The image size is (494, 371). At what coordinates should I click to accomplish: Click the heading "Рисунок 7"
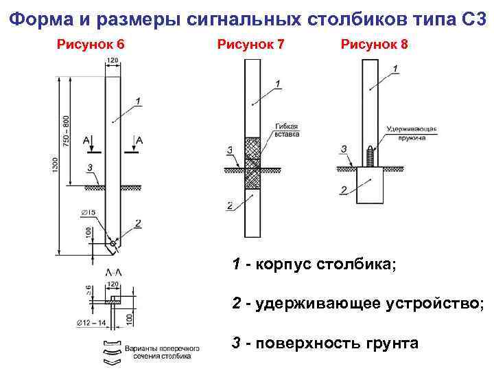(x=250, y=45)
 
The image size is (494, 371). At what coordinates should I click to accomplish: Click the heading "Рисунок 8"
(x=374, y=45)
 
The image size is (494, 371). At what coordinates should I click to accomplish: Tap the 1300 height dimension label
(x=56, y=165)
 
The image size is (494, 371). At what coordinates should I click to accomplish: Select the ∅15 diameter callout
(x=89, y=211)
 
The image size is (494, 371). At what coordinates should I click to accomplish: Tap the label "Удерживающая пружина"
(x=412, y=133)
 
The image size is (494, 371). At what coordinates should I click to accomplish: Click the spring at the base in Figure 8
(x=370, y=157)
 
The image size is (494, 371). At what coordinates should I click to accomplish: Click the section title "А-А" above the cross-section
(x=114, y=273)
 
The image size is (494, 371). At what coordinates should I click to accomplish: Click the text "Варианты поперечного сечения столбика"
(x=162, y=352)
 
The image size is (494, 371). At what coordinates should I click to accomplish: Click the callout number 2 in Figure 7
(x=228, y=205)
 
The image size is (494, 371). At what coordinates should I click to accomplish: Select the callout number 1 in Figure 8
(x=397, y=69)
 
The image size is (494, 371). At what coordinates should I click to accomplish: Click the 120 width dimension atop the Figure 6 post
(x=113, y=61)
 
